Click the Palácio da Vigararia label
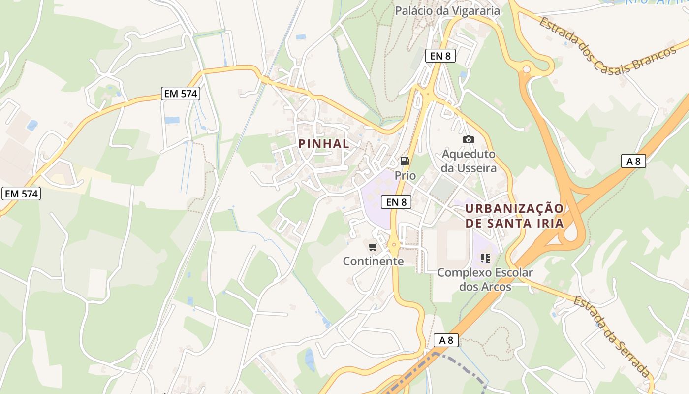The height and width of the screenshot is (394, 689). (447, 10)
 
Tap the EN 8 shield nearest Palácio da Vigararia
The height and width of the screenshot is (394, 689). (440, 56)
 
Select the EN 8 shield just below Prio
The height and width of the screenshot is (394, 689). (396, 201)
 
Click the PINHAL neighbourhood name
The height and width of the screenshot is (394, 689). (324, 144)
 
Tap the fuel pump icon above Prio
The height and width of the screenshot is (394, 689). (405, 161)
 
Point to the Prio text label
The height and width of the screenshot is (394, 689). (405, 175)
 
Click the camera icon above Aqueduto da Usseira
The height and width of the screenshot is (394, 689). (469, 140)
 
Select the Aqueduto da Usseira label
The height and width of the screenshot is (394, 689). (469, 161)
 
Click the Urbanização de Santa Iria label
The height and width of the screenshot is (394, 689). (514, 216)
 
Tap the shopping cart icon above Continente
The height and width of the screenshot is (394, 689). (373, 247)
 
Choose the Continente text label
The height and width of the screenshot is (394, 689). (373, 261)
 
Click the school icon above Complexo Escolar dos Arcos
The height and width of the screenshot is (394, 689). (485, 258)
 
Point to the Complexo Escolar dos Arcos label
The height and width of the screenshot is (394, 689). (485, 279)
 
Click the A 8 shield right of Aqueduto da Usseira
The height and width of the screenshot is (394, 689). (633, 161)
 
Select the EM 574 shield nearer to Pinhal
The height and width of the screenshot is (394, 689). (181, 94)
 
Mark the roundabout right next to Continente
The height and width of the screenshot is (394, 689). (393, 243)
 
